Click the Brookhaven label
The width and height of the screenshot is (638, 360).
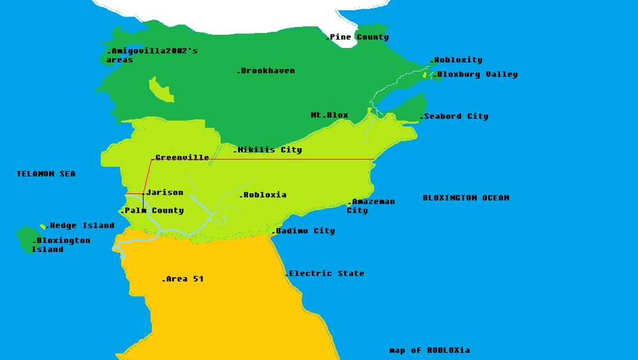(267, 71)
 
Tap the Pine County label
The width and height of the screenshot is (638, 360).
(358, 37)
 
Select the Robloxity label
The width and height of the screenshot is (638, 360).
(457, 60)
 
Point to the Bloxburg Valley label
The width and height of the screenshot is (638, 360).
(476, 75)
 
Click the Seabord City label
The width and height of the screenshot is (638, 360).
(455, 117)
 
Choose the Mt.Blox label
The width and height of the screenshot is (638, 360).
(329, 116)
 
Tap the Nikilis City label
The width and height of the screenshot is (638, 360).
(269, 150)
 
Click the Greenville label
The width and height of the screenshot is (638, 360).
(181, 158)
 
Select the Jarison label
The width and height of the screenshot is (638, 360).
(164, 192)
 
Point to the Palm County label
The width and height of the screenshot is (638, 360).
(153, 211)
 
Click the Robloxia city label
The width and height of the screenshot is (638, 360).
(263, 195)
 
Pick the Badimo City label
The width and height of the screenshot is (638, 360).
(304, 231)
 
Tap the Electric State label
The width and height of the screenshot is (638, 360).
(325, 273)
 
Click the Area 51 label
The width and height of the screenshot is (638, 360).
(184, 279)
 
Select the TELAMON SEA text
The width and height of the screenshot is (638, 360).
(46, 174)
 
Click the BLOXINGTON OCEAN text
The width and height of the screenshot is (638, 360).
(466, 198)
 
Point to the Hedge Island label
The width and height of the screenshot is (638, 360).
(80, 225)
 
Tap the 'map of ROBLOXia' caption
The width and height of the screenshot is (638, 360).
(429, 350)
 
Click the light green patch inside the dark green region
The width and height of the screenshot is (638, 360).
(161, 91)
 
